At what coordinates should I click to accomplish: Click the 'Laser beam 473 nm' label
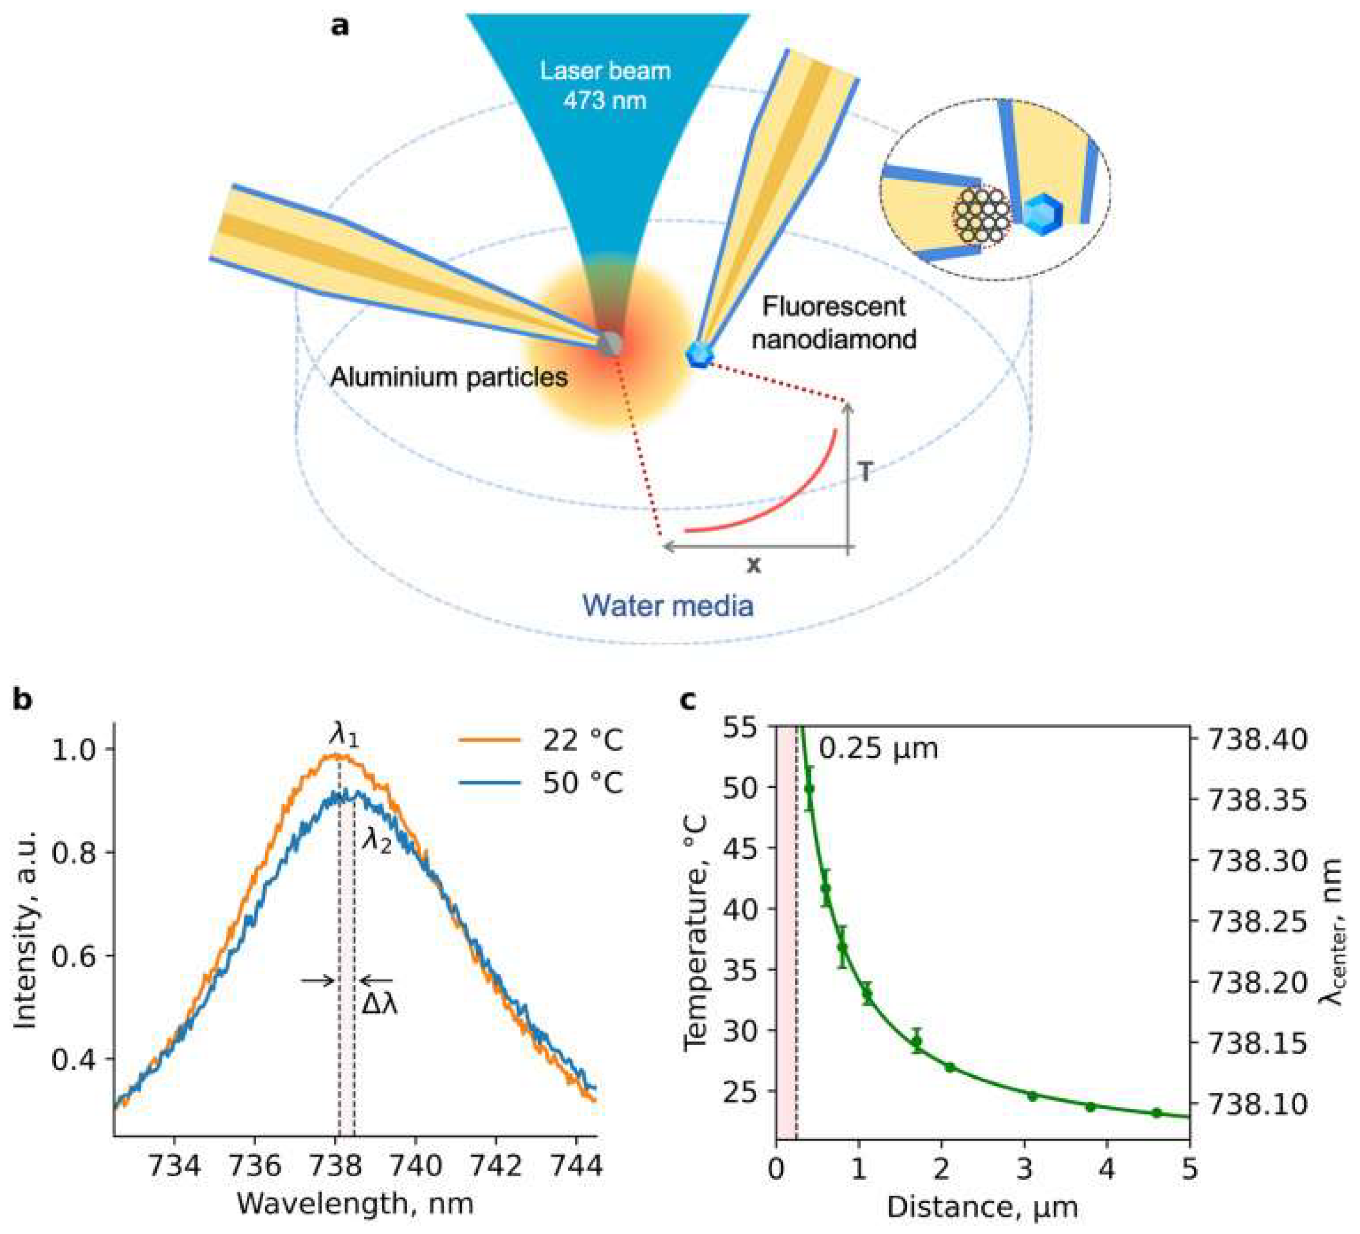click(605, 86)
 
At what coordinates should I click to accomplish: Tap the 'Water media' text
click(668, 605)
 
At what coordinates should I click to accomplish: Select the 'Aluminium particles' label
click(449, 376)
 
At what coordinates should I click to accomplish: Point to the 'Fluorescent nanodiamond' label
click(834, 323)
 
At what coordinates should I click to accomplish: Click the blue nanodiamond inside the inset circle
click(1043, 214)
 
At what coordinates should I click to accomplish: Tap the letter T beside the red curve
click(866, 472)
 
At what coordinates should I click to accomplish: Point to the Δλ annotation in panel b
click(379, 1005)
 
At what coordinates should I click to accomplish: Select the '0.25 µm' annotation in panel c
click(878, 748)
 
